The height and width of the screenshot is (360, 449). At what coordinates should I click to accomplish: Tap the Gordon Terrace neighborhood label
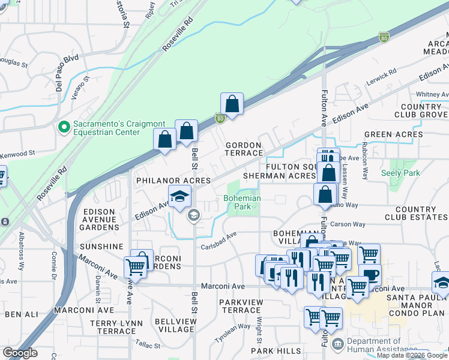(x=243, y=149)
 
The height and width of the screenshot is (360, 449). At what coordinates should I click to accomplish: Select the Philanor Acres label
(x=173, y=181)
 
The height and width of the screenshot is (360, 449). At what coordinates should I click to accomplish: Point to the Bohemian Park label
(x=242, y=203)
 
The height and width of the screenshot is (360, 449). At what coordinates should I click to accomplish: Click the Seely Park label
(x=400, y=173)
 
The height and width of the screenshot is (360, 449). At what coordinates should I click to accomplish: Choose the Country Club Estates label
(x=414, y=213)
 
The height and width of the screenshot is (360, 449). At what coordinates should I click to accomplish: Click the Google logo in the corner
(x=20, y=353)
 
